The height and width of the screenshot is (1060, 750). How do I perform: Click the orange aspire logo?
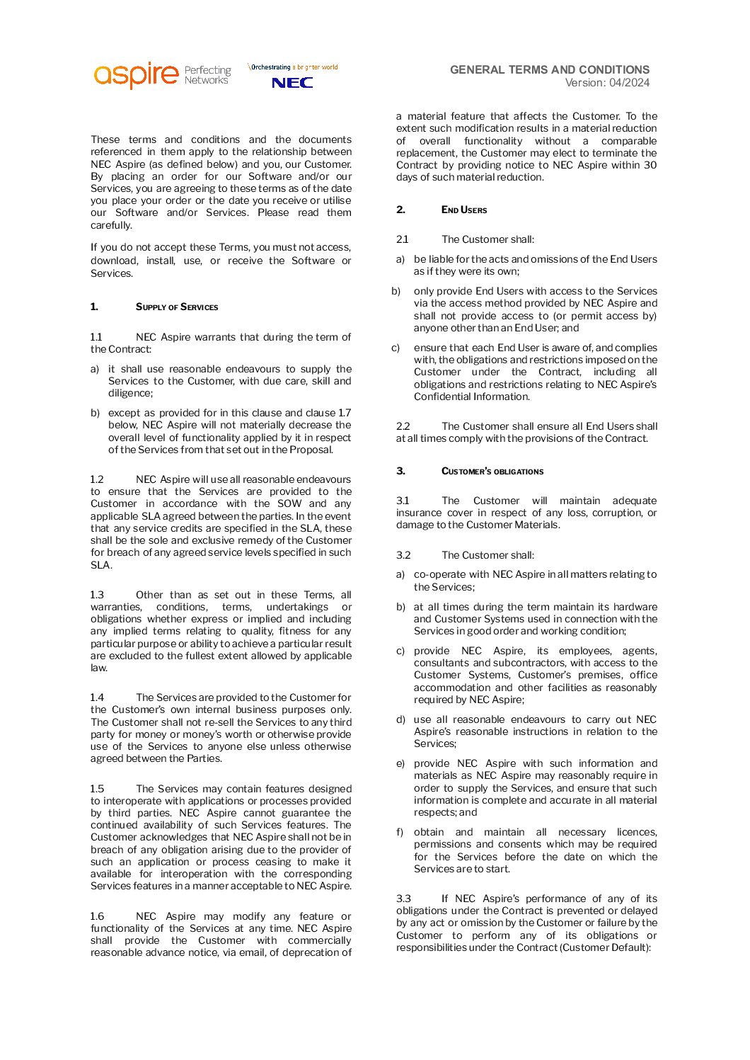pyautogui.click(x=136, y=74)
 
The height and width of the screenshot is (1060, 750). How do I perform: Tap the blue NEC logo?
pyautogui.click(x=292, y=83)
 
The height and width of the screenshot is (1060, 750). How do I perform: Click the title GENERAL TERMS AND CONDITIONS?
pyautogui.click(x=549, y=69)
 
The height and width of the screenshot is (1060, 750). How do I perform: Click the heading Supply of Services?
pyautogui.click(x=177, y=307)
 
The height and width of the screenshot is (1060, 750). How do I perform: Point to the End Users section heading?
pyautogui.click(x=464, y=210)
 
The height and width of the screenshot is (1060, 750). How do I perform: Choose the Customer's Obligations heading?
pyautogui.click(x=492, y=472)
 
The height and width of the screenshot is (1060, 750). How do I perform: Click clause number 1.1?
pyautogui.click(x=96, y=337)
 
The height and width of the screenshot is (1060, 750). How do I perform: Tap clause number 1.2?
pyautogui.click(x=97, y=479)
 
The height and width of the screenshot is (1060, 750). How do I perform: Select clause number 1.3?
pyautogui.click(x=97, y=595)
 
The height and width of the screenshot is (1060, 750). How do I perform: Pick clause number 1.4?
pyautogui.click(x=97, y=697)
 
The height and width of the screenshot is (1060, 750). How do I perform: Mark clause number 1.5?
pyautogui.click(x=97, y=789)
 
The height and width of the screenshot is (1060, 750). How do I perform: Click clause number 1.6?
pyautogui.click(x=97, y=916)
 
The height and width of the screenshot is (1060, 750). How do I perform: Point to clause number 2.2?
pyautogui.click(x=403, y=426)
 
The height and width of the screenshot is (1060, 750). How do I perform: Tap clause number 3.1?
pyautogui.click(x=403, y=501)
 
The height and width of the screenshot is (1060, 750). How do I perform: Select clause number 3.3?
pyautogui.click(x=403, y=899)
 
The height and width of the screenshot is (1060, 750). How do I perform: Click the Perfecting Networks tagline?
pyautogui.click(x=207, y=75)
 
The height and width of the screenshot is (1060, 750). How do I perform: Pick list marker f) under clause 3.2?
pyautogui.click(x=400, y=832)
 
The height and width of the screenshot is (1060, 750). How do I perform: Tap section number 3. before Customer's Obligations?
pyautogui.click(x=400, y=471)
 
